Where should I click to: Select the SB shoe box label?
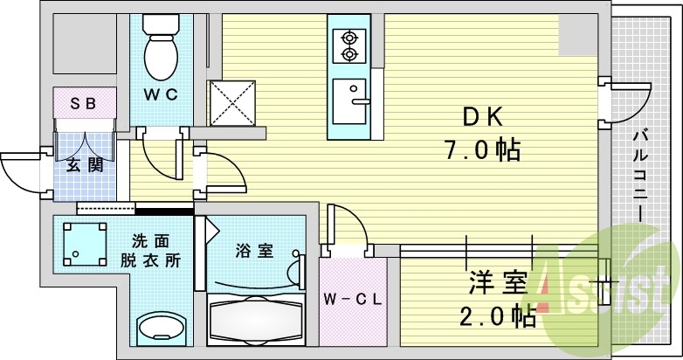pyautogui.click(x=84, y=104)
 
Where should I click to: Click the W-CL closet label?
pyautogui.click(x=353, y=299)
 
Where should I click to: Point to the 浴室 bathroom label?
pyautogui.click(x=254, y=252)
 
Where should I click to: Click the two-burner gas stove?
pyautogui.click(x=350, y=46)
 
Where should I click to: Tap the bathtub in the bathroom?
pyautogui.click(x=256, y=322)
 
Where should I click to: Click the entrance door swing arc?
pyautogui.click(x=19, y=170)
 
